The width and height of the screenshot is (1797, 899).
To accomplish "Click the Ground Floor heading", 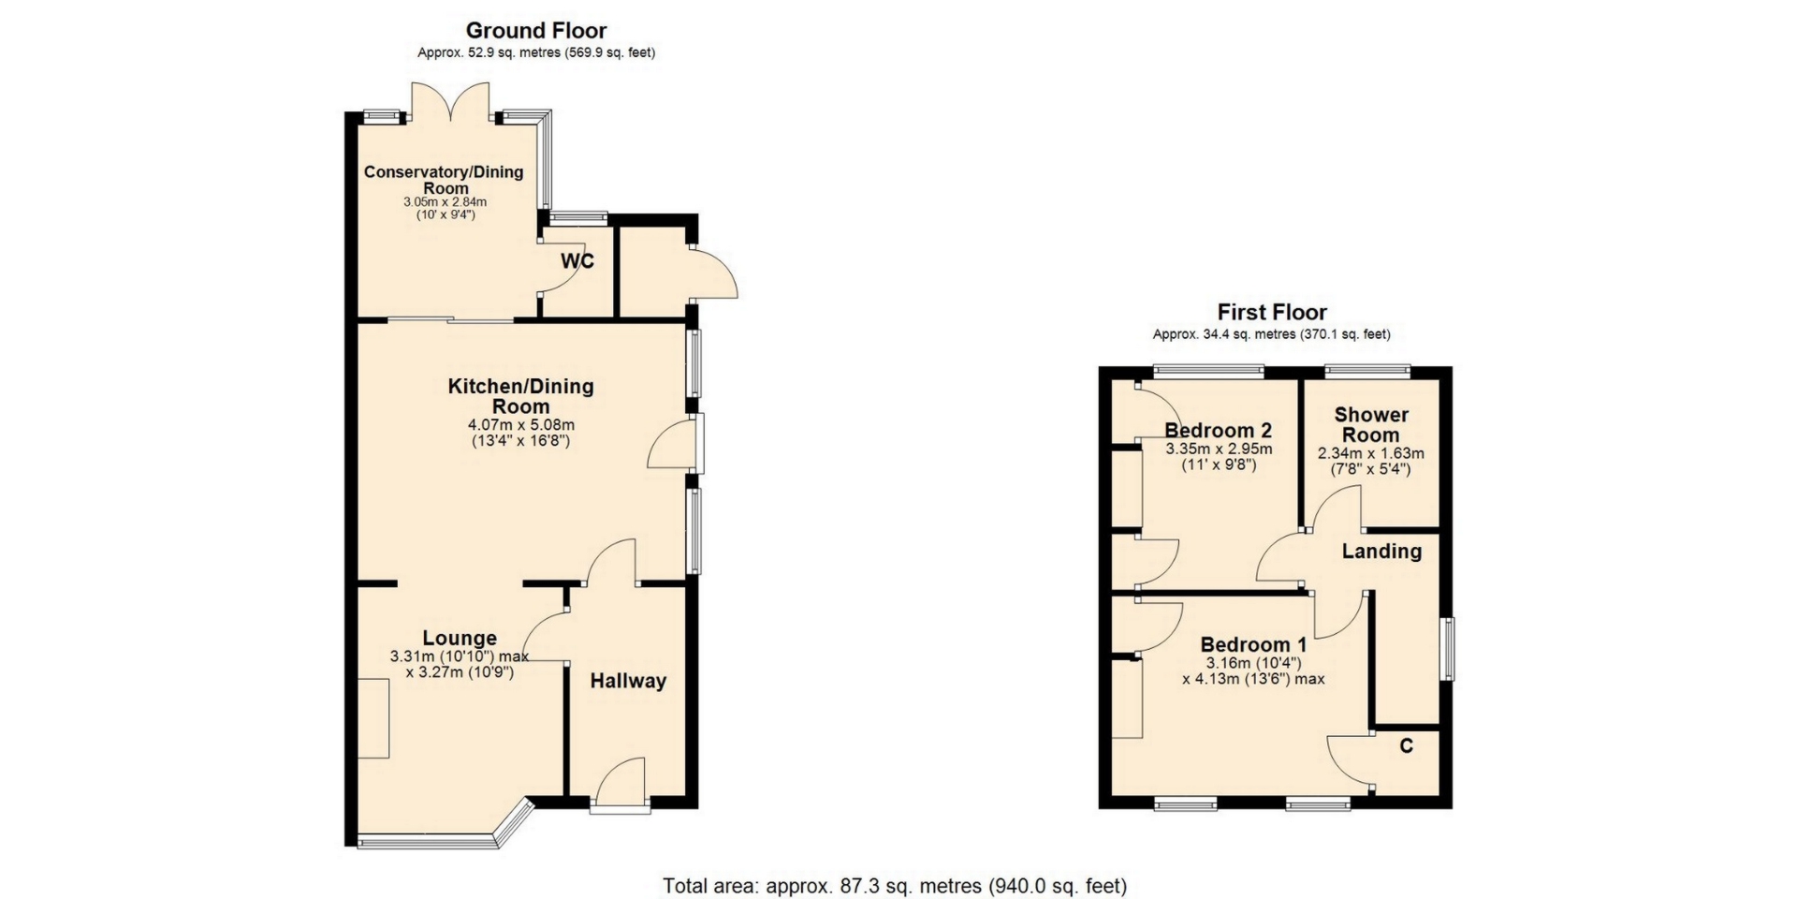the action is coord(536,31).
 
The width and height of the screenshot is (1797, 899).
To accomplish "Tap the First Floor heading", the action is coord(1272,312).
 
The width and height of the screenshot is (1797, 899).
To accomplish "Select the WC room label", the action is coord(577,261).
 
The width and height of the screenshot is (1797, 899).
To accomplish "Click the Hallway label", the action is coord(628,681).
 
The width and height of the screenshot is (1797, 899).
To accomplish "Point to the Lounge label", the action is coord(460,639).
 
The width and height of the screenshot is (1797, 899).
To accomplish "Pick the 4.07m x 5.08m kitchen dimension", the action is coord(521,424).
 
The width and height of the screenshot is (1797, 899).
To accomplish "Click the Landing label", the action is coord(1381,552).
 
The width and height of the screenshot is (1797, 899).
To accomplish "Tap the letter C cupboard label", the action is coord(1406,746).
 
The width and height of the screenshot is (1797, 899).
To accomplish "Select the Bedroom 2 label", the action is coord(1218,431).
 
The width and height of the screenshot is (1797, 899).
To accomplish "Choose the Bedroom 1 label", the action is coord(1253,644).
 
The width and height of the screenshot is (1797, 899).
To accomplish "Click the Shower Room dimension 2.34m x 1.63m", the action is coord(1371,454).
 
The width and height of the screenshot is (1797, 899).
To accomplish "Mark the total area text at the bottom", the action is coord(895,886).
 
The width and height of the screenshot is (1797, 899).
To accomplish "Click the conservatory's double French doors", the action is coord(451,101).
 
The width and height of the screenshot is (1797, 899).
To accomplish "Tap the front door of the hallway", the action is coord(621,785).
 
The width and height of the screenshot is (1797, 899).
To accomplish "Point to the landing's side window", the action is coord(1448,648).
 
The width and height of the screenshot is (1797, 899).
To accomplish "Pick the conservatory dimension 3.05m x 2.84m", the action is coord(445,202).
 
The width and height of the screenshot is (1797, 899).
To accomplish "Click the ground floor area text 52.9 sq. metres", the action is coord(536,53).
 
